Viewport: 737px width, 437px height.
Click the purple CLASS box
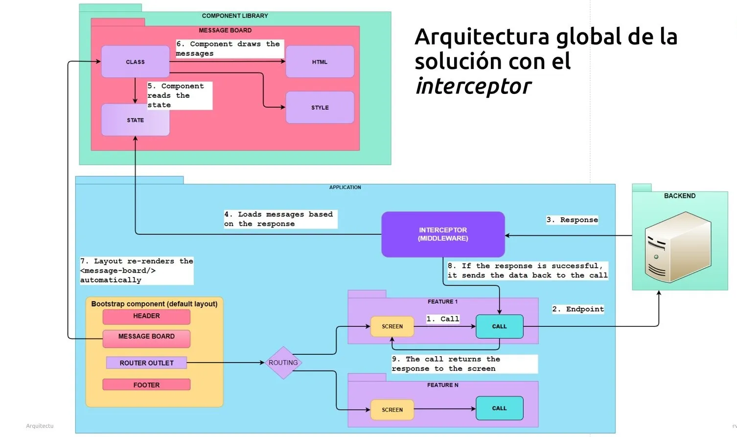[135, 62]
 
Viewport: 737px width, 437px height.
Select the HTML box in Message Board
[320, 62]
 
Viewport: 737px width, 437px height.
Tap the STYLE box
[320, 107]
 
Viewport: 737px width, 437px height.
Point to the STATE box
[135, 120]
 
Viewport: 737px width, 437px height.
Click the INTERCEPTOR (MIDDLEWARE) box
[442, 234]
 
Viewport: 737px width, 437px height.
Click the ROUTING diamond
[283, 363]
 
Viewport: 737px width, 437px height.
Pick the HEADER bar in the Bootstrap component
[146, 317]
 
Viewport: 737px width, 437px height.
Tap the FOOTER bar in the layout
[146, 385]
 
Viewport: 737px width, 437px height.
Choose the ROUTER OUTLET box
[146, 363]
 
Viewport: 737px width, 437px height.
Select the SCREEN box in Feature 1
[392, 326]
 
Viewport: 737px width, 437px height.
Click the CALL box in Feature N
[499, 408]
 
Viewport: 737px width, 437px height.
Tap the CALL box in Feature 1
[499, 326]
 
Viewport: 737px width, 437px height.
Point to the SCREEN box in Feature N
[392, 410]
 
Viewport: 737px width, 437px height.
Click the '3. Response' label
[572, 220]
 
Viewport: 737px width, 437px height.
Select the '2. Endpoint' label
[578, 309]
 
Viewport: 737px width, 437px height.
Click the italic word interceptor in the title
[473, 87]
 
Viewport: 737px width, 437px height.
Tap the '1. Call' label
[443, 319]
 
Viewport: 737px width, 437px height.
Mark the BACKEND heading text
[679, 196]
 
